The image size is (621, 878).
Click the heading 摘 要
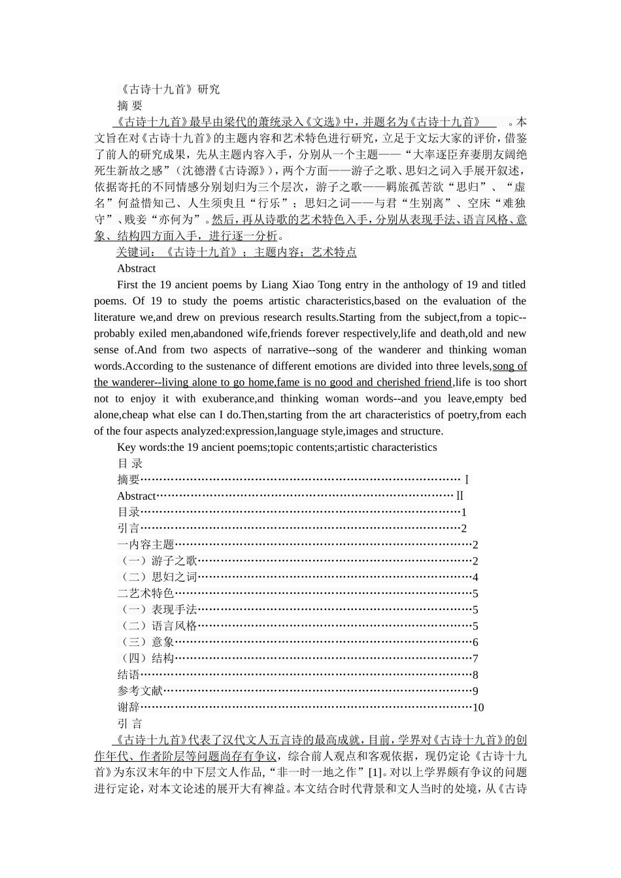coord(130,106)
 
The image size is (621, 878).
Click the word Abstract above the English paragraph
coord(136,268)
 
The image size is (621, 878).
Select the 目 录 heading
coord(130,464)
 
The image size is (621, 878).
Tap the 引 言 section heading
coord(130,724)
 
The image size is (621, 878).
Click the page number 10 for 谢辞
coord(478,707)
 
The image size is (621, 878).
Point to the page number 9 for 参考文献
coord(475,691)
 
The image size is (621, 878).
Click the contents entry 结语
coord(129,675)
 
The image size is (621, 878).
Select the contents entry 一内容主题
coord(146,545)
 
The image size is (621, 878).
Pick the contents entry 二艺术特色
coord(146,593)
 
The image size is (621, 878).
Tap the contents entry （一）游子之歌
coord(158,561)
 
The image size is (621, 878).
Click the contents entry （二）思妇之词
coord(158,577)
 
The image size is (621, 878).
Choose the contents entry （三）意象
coord(146,642)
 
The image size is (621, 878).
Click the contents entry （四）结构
coord(146,658)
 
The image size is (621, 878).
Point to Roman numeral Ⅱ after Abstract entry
coord(460,496)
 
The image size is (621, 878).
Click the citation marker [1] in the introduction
coord(375,773)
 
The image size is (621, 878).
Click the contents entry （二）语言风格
coord(158,626)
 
